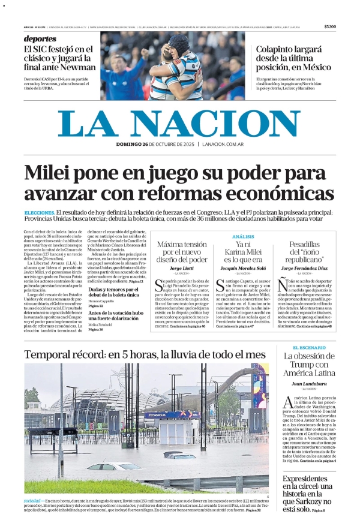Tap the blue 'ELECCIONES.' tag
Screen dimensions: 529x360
(x=40, y=213)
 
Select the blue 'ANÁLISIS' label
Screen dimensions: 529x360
(x=242, y=236)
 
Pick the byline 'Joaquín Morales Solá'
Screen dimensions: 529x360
(x=242, y=269)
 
